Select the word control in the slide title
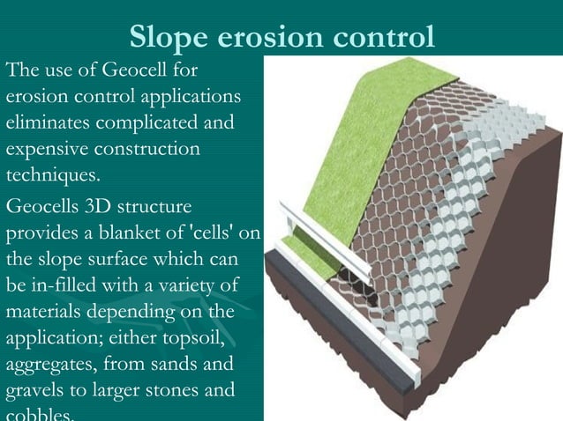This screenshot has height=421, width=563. (x=385, y=36)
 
